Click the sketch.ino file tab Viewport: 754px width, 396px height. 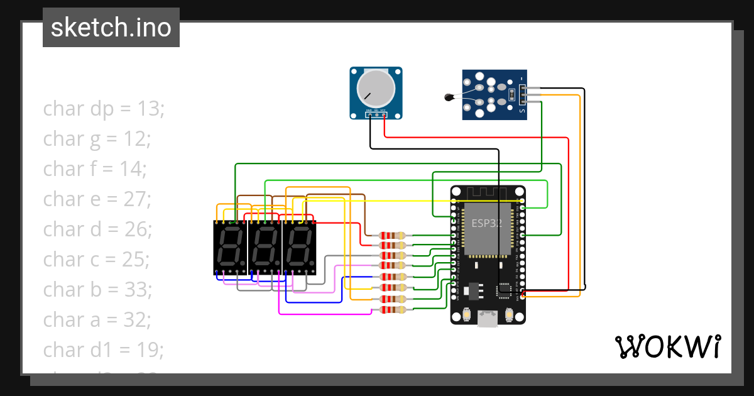[111, 28]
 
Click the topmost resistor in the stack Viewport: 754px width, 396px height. [392, 236]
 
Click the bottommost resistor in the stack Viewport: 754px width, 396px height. [392, 309]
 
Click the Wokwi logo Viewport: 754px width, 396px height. [667, 346]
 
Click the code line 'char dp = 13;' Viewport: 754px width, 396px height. [104, 109]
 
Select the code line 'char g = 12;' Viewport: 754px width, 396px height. [97, 138]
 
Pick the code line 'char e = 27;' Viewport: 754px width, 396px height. [97, 199]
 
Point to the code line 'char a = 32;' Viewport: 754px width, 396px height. [97, 319]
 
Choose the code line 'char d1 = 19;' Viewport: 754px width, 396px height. [103, 349]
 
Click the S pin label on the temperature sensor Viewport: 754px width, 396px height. [521, 111]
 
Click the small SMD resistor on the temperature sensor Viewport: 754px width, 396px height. [512, 95]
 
